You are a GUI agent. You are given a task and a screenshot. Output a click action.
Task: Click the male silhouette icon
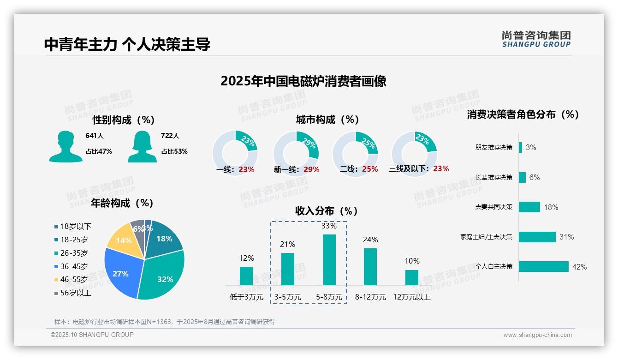[x=65, y=146]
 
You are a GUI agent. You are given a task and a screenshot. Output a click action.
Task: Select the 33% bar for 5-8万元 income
[x=329, y=260]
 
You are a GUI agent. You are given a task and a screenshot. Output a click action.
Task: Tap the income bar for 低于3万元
[x=246, y=276]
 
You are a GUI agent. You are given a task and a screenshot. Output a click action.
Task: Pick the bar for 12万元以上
[x=411, y=277]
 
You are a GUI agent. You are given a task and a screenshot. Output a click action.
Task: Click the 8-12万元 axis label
[x=370, y=297]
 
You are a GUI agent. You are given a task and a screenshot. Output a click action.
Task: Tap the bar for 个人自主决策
[x=543, y=267]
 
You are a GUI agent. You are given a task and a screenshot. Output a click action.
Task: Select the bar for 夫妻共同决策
[x=529, y=207]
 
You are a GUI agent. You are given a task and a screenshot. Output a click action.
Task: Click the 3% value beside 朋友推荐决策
[x=531, y=148]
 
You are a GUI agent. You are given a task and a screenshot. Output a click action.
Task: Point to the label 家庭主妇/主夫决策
[x=486, y=237]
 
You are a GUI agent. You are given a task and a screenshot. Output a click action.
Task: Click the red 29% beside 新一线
[x=311, y=170]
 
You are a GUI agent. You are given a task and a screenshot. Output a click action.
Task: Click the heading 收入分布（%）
[x=327, y=211]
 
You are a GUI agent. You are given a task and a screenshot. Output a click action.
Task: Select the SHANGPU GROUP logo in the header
[x=536, y=39]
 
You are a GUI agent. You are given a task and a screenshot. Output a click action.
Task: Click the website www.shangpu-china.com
[x=537, y=335]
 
